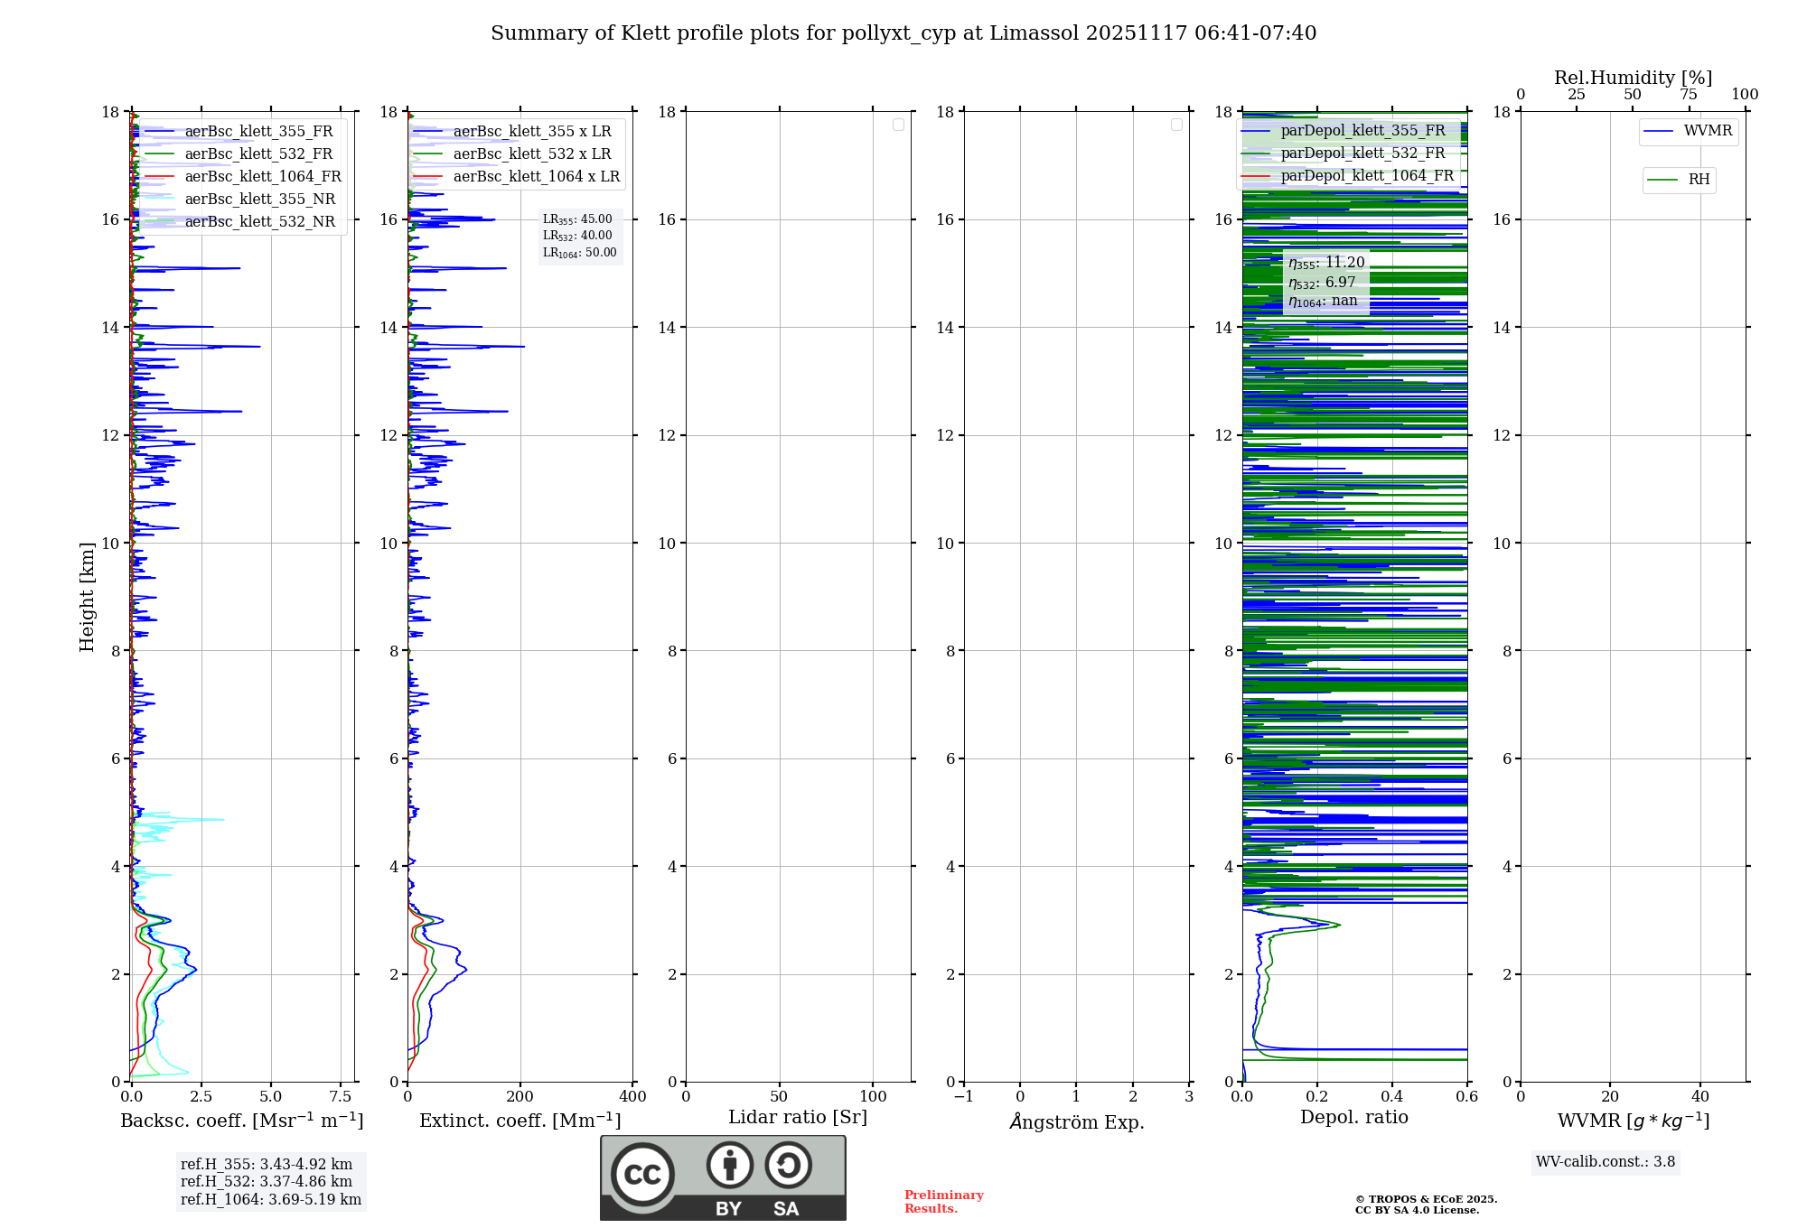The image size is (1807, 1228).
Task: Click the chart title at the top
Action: click(903, 33)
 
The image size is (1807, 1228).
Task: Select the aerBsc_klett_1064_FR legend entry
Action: click(262, 176)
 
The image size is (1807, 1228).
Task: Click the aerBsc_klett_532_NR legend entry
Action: click(259, 221)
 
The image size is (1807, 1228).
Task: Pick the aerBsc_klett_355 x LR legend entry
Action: click(531, 131)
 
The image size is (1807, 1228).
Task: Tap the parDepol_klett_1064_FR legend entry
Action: click(1366, 175)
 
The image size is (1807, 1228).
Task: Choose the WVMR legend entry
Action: click(1708, 131)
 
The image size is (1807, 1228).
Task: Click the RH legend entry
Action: click(1699, 180)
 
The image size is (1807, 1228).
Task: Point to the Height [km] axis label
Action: click(87, 597)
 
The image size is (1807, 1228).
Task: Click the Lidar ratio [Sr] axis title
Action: click(798, 1117)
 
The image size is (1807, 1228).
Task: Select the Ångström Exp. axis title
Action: click(1076, 1121)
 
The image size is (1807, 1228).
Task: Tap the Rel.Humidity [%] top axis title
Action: click(1633, 78)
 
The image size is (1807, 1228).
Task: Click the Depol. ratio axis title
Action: click(1353, 1117)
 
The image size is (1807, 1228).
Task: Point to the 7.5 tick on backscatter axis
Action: click(341, 1097)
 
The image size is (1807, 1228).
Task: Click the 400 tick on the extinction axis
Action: click(632, 1097)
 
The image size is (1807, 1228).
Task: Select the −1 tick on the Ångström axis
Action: click(963, 1097)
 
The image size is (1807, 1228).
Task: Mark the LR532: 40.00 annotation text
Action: click(577, 236)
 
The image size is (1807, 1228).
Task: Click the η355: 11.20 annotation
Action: click(1326, 263)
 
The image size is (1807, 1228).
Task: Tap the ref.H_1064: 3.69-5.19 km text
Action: click(270, 1199)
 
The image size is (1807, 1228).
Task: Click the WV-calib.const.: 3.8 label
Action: click(1606, 1161)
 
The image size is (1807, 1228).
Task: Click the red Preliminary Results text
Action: click(943, 1201)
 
